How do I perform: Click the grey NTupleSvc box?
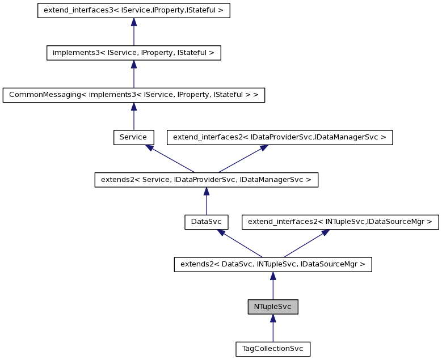point(273,307)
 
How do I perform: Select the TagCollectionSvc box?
point(273,349)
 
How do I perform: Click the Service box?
point(133,137)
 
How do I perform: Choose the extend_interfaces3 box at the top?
point(134,11)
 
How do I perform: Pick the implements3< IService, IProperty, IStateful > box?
point(133,53)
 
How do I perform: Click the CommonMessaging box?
point(133,95)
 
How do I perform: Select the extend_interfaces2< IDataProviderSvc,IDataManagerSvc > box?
point(279,137)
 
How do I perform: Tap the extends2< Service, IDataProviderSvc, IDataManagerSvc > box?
point(206,180)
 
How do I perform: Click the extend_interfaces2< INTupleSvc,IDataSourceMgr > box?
point(340,222)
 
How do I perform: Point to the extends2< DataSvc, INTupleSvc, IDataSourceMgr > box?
point(273,264)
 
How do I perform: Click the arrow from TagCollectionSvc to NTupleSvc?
point(273,329)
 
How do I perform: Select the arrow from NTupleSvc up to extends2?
point(273,287)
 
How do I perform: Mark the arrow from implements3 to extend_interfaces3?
point(134,33)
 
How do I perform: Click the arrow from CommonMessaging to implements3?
point(134,75)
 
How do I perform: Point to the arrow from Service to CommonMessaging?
point(134,117)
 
